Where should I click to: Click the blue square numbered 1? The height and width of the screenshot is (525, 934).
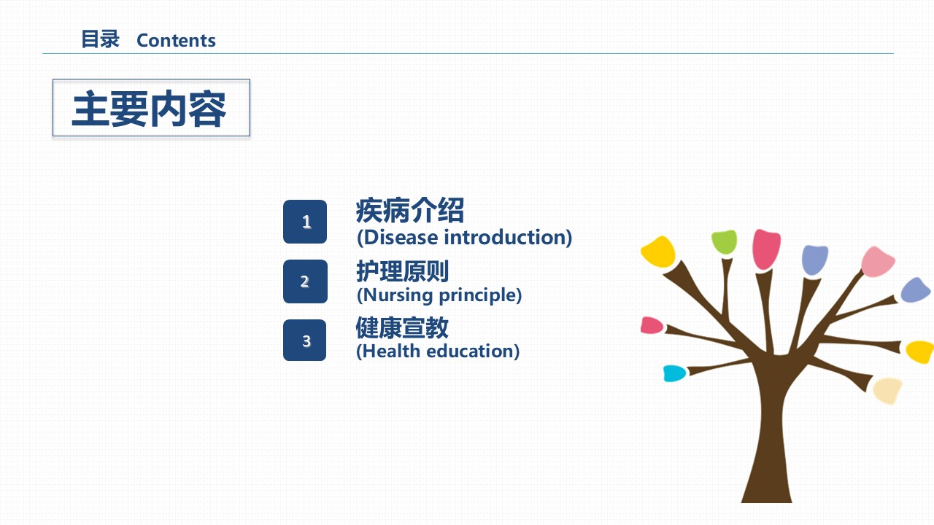click(x=305, y=222)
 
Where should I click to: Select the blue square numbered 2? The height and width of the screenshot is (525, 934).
click(x=305, y=281)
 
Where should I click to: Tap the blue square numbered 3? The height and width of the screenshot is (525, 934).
click(x=305, y=340)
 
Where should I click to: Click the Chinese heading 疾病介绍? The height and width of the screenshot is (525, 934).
click(x=409, y=211)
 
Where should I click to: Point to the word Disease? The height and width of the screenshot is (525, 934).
click(x=401, y=238)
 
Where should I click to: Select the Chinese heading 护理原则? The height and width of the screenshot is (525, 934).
click(x=402, y=271)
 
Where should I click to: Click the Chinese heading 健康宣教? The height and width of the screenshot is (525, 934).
click(x=402, y=327)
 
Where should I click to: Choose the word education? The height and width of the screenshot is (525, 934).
click(x=471, y=351)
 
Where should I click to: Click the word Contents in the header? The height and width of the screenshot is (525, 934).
click(x=176, y=40)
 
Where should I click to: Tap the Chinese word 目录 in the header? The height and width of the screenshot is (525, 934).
click(x=100, y=39)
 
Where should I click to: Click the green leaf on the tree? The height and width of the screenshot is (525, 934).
click(x=725, y=241)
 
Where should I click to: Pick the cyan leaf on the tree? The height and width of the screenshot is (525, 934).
click(x=674, y=373)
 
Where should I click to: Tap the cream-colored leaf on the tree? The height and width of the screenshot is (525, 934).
click(x=887, y=390)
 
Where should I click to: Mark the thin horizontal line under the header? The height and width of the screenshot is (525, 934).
click(x=468, y=53)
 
